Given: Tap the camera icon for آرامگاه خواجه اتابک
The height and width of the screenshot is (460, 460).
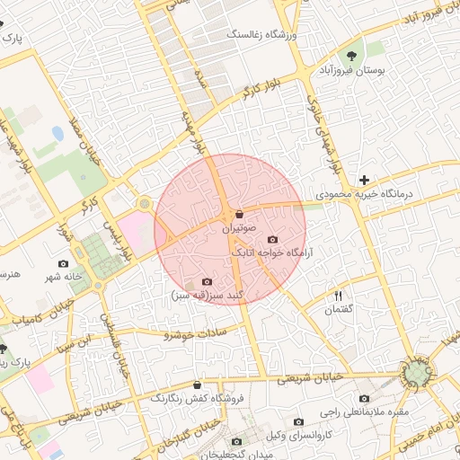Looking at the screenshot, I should point(273,240).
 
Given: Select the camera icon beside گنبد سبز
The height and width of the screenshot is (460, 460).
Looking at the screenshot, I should point(208,282).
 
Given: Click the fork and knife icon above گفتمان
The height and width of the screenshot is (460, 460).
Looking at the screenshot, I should point(339,295).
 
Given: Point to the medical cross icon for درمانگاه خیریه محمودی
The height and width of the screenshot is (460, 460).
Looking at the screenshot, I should point(364,180).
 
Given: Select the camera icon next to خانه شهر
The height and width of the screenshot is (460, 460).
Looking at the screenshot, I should point(63,263).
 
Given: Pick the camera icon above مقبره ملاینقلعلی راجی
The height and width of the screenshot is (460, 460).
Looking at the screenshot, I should point(364,398).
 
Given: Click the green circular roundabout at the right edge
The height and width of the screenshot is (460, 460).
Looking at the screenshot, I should point(417,372).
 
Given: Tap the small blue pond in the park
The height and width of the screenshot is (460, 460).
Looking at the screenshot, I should point(58,133).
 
